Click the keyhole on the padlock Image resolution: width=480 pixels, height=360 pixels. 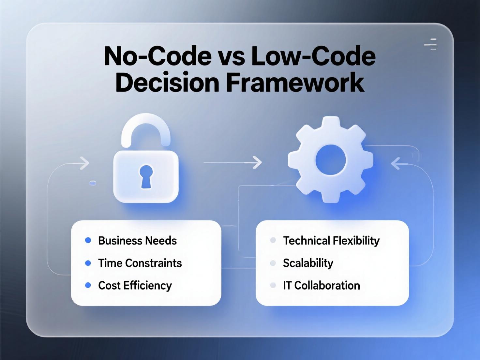(x=146, y=176)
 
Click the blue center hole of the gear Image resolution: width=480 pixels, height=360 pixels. (x=331, y=160)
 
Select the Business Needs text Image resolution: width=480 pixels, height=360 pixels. (x=137, y=241)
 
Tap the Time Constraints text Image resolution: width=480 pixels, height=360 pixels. (x=140, y=263)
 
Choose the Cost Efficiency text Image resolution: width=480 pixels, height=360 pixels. (x=135, y=285)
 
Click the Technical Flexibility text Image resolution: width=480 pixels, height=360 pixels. (x=331, y=241)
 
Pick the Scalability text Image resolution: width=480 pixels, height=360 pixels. (x=308, y=263)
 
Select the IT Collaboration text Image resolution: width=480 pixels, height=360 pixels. (x=321, y=285)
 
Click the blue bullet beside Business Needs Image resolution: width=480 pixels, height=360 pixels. (x=88, y=240)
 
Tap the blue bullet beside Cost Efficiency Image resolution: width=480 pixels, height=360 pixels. (x=88, y=285)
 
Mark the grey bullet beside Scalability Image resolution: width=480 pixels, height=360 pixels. (x=273, y=263)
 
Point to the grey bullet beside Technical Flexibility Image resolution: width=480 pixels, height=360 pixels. (x=273, y=240)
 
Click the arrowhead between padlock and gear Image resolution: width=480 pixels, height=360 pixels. (x=258, y=162)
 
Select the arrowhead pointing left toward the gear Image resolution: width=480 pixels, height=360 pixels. (x=396, y=164)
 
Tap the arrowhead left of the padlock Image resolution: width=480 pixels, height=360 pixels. (x=84, y=163)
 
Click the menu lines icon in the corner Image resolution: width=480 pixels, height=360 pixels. (x=431, y=44)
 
